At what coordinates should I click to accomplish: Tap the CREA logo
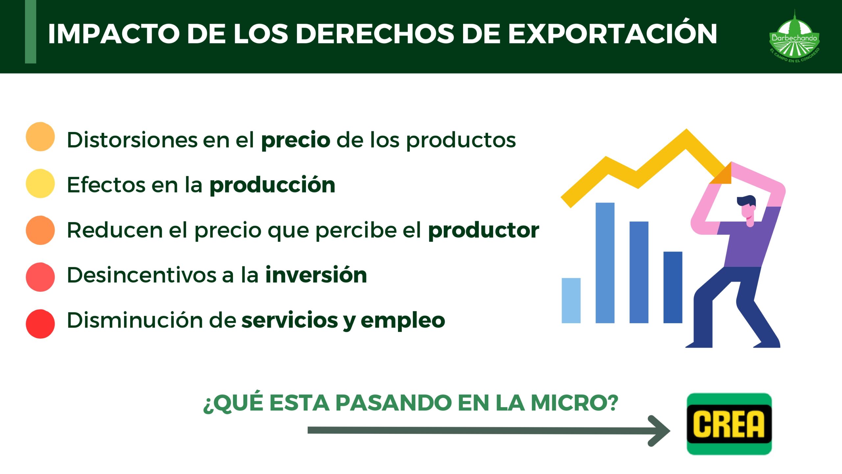point(729,424)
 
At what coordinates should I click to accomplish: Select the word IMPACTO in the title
point(114,34)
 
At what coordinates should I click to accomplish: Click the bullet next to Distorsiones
point(40,137)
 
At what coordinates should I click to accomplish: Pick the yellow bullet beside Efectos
point(40,183)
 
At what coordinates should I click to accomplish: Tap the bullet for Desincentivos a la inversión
point(40,277)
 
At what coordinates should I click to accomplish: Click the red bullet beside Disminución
point(40,324)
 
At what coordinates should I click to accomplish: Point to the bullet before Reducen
point(40,230)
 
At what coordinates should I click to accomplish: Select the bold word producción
point(273,185)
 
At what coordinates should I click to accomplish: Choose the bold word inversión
point(316,275)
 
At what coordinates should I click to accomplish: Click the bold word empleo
point(403,321)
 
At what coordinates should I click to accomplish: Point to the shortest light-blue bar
point(571,301)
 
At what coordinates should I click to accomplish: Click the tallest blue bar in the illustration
point(605,263)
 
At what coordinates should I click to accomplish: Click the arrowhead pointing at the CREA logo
point(659,431)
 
